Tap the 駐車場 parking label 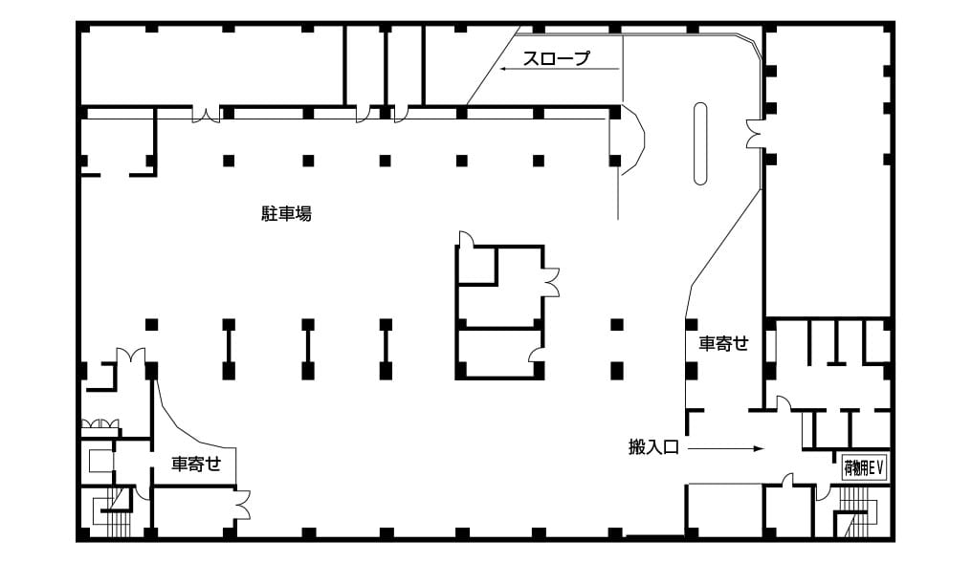click(x=286, y=214)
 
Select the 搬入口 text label click(x=654, y=446)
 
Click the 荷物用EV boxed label click(x=864, y=467)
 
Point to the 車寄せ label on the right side click(x=724, y=343)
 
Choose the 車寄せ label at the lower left click(x=196, y=464)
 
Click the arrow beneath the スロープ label click(x=561, y=69)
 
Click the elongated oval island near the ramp click(x=700, y=143)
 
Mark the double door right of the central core click(x=551, y=282)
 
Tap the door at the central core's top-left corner click(x=466, y=239)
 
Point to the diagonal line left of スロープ click(x=494, y=66)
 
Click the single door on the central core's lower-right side click(x=536, y=354)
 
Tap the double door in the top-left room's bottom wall click(x=207, y=116)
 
